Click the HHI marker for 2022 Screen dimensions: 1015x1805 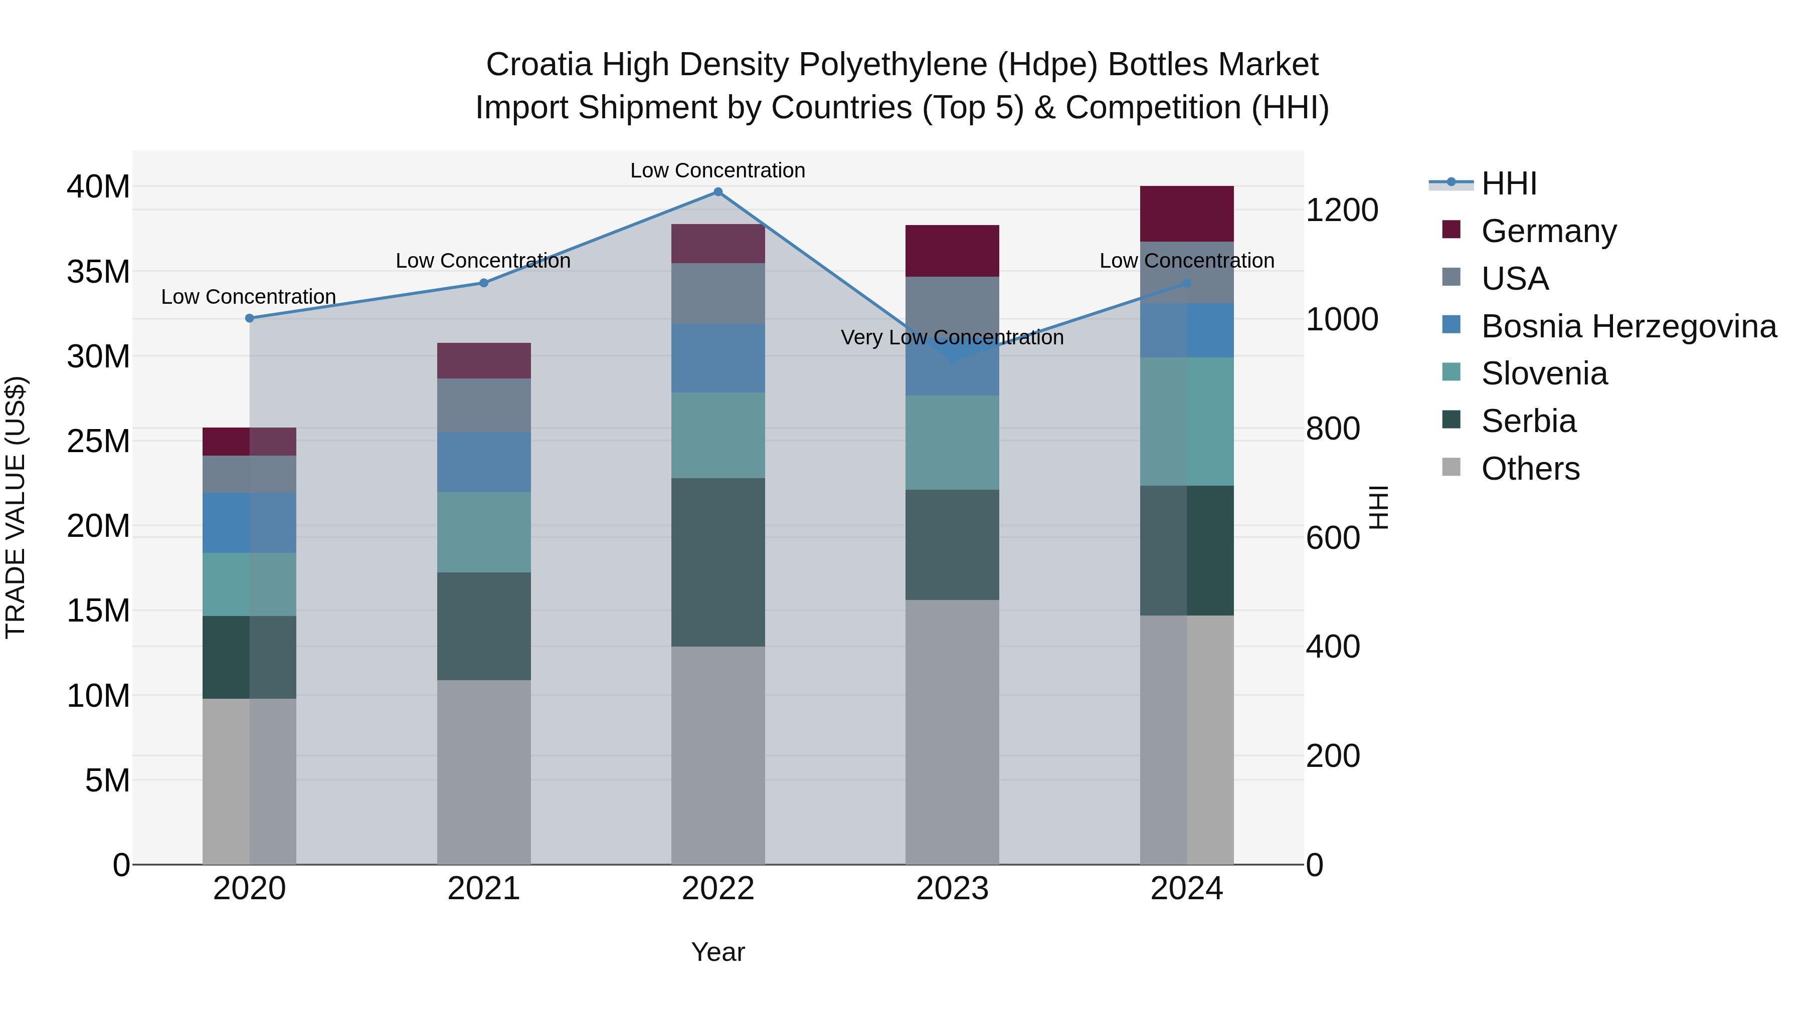point(717,191)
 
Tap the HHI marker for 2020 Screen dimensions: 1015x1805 point(250,318)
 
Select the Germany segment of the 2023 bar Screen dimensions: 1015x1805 point(952,251)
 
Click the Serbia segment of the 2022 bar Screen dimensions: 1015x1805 point(717,562)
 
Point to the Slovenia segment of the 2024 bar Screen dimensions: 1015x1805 point(1186,421)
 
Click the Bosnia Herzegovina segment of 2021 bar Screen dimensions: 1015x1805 point(483,462)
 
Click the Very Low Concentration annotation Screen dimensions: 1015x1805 point(952,338)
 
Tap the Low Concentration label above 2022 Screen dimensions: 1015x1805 point(717,170)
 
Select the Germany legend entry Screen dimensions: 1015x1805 point(1549,231)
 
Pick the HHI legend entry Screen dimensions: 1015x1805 point(1509,183)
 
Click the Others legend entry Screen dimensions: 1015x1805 point(1530,469)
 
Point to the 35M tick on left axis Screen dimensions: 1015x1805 point(98,272)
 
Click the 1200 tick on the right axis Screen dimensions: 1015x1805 point(1342,210)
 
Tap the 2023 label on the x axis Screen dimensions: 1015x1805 point(952,889)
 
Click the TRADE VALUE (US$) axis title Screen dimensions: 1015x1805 point(16,507)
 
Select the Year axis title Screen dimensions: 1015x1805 point(717,952)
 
